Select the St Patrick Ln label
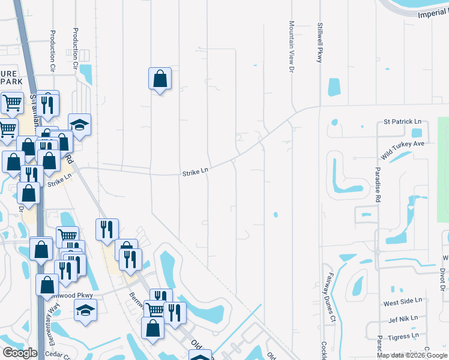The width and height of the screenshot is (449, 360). click(402, 122)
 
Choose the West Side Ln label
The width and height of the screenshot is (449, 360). click(403, 300)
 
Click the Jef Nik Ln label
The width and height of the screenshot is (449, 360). click(403, 320)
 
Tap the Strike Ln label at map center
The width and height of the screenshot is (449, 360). click(195, 172)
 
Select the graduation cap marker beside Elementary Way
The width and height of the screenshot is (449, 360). click(85, 310)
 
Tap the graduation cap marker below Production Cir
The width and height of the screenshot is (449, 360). click(79, 124)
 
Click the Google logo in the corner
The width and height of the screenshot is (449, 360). click(20, 353)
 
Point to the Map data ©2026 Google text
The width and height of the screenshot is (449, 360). click(411, 355)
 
